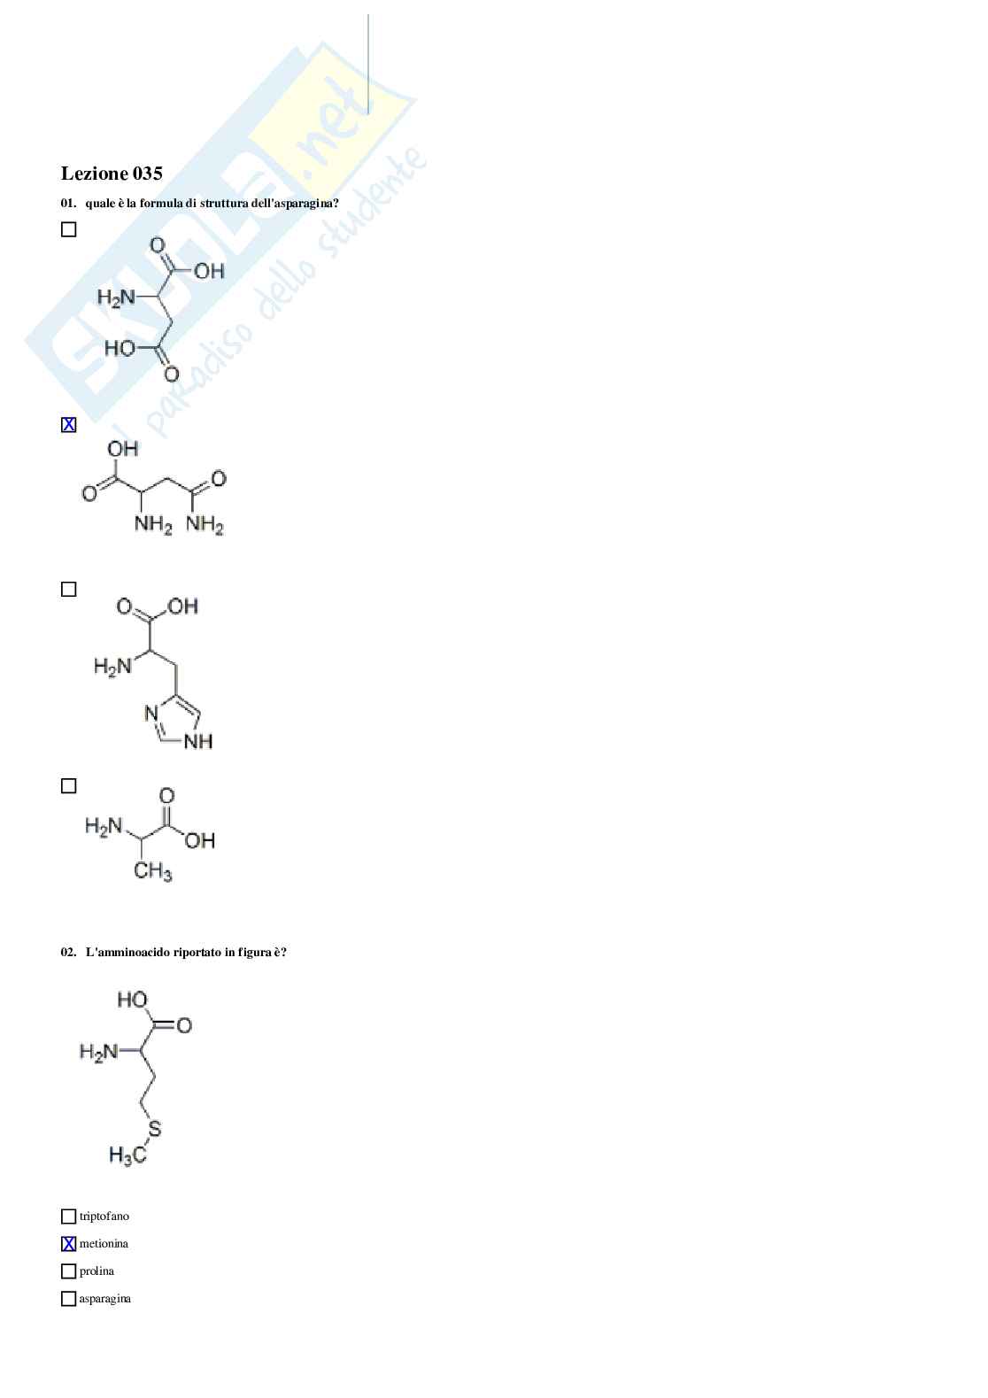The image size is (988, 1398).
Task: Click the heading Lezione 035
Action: (x=112, y=174)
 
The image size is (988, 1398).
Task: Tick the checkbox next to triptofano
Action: (x=68, y=1216)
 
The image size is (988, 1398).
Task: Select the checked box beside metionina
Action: (x=68, y=1244)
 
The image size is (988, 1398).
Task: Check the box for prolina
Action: (x=68, y=1271)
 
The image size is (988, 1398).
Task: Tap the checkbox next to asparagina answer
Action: (x=68, y=1299)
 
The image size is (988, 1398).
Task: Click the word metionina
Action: (x=104, y=1244)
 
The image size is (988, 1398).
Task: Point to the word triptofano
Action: (x=104, y=1216)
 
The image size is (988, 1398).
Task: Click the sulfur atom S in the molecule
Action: (x=154, y=1129)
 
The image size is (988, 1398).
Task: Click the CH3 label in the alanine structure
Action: (x=152, y=871)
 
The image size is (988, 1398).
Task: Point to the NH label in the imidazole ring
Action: (x=198, y=741)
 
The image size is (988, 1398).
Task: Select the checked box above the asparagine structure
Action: (x=68, y=425)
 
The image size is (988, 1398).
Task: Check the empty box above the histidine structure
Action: (x=68, y=590)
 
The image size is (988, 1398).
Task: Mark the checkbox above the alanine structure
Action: (x=68, y=786)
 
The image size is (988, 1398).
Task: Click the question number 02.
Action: (x=68, y=953)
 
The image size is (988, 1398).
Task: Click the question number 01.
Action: (x=68, y=204)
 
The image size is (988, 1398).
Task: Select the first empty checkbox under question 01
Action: (x=68, y=230)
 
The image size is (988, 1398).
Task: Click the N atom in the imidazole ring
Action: (x=151, y=713)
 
